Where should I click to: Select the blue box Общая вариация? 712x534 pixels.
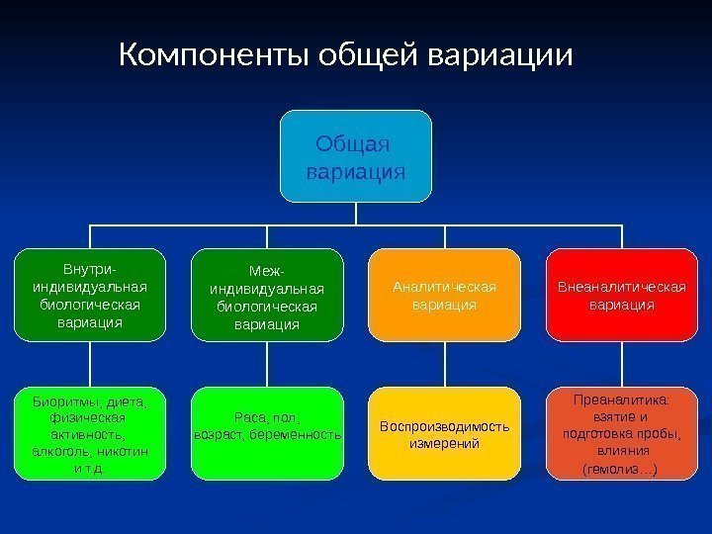point(356,156)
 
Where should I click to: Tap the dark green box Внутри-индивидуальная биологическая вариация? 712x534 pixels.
point(89,295)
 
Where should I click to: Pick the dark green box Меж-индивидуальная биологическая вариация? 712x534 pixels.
point(267,295)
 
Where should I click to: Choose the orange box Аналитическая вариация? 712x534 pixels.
point(444,295)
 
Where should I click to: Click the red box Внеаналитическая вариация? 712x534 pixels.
point(621,295)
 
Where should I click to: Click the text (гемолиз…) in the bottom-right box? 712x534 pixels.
point(621,468)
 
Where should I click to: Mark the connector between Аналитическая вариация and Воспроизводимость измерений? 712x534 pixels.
point(444,364)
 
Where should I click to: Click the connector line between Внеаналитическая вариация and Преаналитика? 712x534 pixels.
point(621,364)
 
